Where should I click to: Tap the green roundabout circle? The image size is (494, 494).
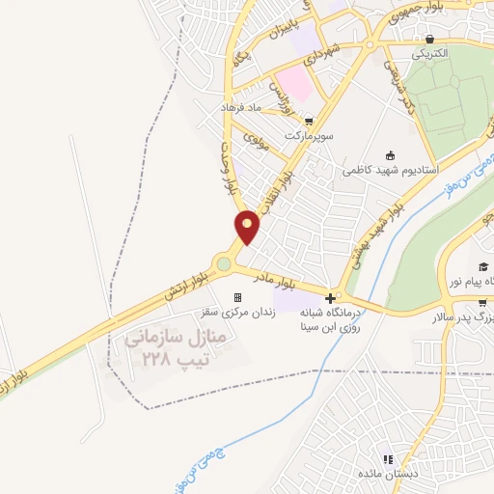point(225,263)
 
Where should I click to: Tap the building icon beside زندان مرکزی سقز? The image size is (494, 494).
point(238,298)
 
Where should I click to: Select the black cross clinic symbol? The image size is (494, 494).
point(331,298)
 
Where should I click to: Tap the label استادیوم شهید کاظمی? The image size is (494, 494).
point(390,170)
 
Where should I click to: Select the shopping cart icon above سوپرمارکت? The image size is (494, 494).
point(308,122)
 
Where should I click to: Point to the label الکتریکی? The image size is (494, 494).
point(429,54)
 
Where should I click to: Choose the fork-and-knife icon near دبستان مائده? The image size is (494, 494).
point(387,460)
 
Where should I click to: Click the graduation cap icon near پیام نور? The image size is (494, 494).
point(481,266)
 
